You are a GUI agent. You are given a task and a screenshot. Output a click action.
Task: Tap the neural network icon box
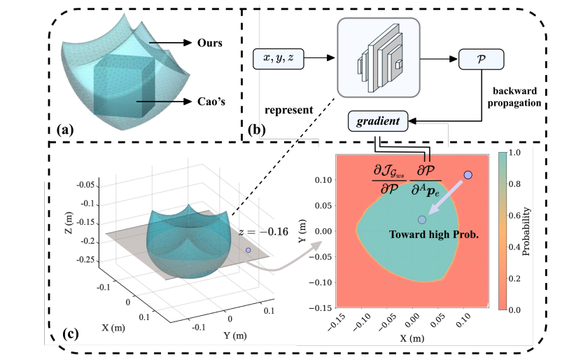pyautogui.click(x=379, y=57)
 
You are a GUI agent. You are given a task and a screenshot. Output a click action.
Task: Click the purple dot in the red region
pyautogui.click(x=468, y=174)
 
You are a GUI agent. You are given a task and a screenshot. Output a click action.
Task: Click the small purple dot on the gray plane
pyautogui.click(x=248, y=249)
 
